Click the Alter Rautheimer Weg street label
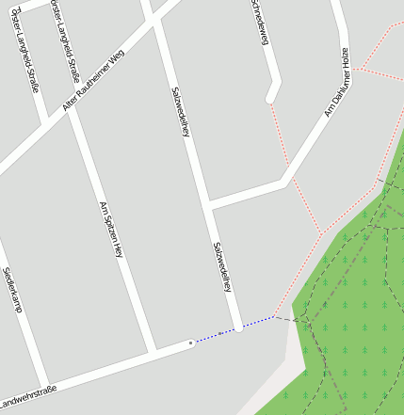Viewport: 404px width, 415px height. click(93, 82)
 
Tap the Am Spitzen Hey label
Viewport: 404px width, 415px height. click(111, 230)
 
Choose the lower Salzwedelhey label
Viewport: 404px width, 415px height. click(222, 266)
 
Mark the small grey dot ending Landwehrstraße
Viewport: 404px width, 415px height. click(191, 343)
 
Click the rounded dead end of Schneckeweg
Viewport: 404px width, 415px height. click(271, 96)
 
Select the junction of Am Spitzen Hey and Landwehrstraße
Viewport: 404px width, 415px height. click(153, 353)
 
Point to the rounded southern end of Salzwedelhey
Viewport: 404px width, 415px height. click(240, 327)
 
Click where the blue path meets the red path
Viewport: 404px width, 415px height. click(274, 317)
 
